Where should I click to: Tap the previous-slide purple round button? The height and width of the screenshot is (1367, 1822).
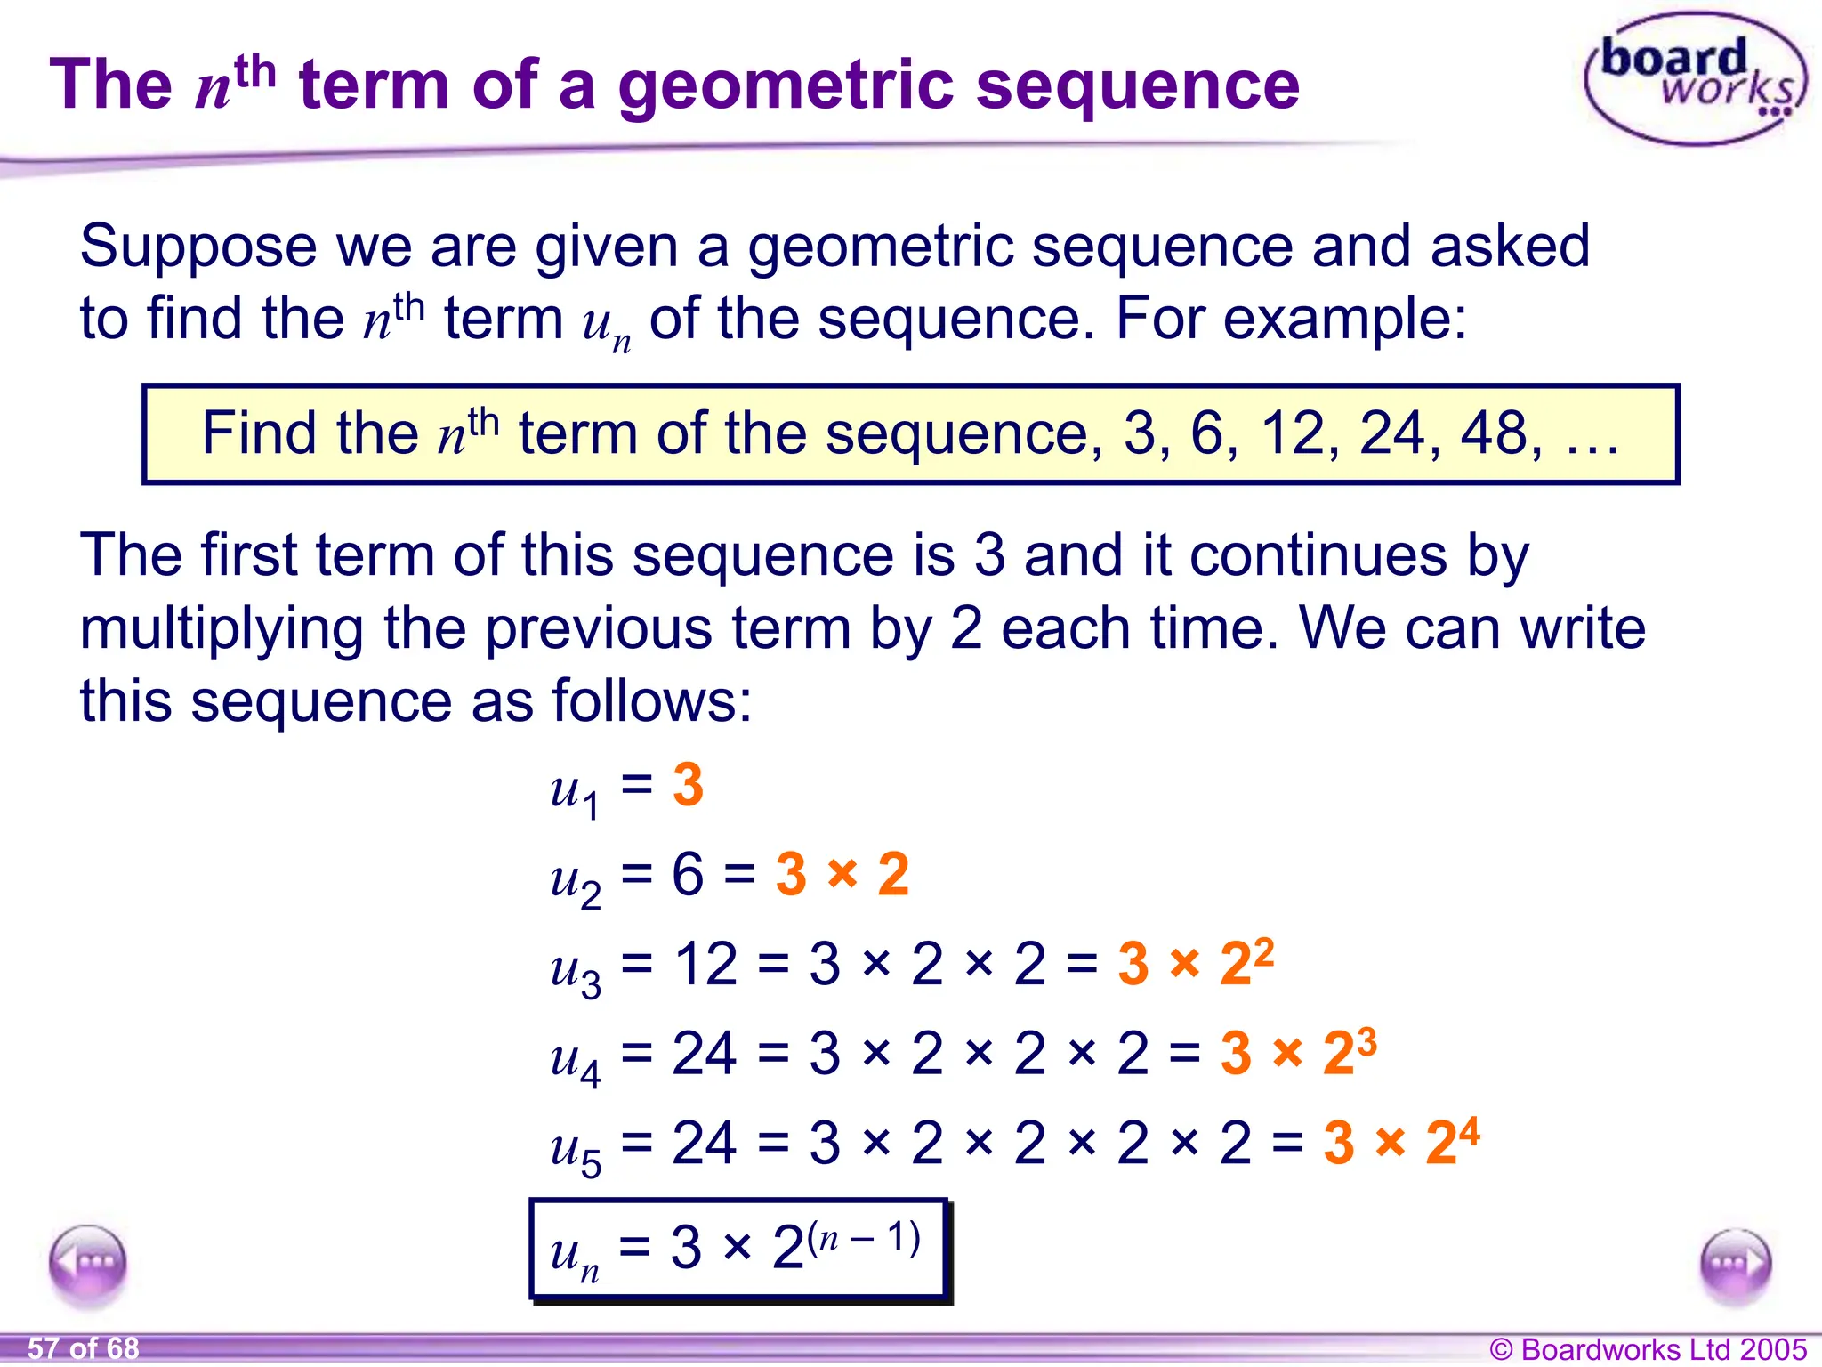tap(88, 1263)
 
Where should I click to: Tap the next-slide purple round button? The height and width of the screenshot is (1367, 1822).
tap(1736, 1265)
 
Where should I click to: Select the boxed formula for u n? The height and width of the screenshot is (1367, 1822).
tap(738, 1249)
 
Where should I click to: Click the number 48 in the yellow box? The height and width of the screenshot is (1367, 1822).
tap(1500, 433)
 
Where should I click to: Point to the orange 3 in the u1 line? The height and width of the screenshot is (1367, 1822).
tap(688, 785)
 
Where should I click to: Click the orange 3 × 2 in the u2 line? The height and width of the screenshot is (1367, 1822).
tap(842, 874)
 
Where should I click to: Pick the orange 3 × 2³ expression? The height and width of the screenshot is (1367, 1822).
tap(1298, 1052)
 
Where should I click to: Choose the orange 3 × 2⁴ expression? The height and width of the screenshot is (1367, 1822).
tap(1400, 1141)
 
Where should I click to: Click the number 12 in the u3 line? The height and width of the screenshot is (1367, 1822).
tap(705, 964)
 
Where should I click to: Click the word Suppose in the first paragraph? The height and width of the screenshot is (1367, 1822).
tap(198, 247)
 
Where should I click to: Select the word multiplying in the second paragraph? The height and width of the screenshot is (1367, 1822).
tap(222, 628)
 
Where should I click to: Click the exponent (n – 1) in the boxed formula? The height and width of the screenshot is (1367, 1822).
tap(864, 1238)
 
